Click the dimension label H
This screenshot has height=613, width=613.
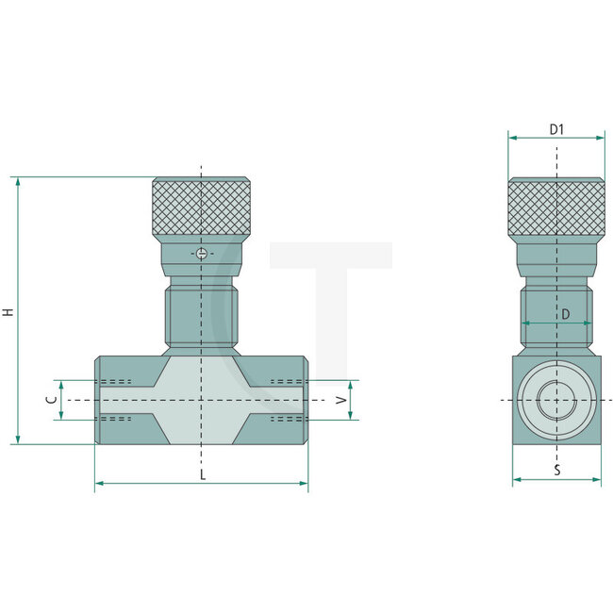point(8,311)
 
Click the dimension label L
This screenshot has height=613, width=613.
point(202,473)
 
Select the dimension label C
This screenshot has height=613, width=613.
point(50,400)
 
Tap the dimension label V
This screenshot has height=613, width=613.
point(342,400)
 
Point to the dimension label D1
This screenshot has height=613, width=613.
point(556,128)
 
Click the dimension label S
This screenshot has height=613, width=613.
point(556,470)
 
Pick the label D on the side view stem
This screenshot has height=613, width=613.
point(565,314)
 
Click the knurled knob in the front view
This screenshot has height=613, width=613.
point(201,207)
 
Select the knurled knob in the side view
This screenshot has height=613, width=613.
point(556,207)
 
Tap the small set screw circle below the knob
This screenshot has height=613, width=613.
point(201,253)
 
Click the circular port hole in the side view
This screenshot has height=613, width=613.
point(556,401)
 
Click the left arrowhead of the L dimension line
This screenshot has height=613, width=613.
point(99,484)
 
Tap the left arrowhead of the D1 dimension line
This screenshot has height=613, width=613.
point(512,138)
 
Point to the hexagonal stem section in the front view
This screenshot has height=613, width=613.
point(201,316)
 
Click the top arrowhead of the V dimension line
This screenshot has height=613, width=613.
point(351,386)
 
